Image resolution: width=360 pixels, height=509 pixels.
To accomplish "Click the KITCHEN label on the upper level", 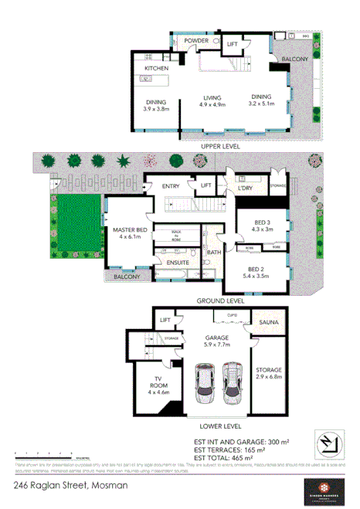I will pyautogui.click(x=156, y=69).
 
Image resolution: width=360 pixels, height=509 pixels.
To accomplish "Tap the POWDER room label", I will pyautogui.click(x=195, y=40).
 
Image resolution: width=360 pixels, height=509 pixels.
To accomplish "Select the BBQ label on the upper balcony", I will pyautogui.click(x=305, y=36).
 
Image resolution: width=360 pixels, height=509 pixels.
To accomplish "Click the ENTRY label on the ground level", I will pyautogui.click(x=171, y=185).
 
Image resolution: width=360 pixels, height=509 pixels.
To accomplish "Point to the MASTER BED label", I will pyautogui.click(x=126, y=233).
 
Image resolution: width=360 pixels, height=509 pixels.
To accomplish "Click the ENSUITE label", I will pyautogui.click(x=178, y=263).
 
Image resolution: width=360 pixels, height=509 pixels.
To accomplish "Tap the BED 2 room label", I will pyautogui.click(x=260, y=271).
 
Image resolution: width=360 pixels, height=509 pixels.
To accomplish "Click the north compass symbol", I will pyautogui.click(x=328, y=445).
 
